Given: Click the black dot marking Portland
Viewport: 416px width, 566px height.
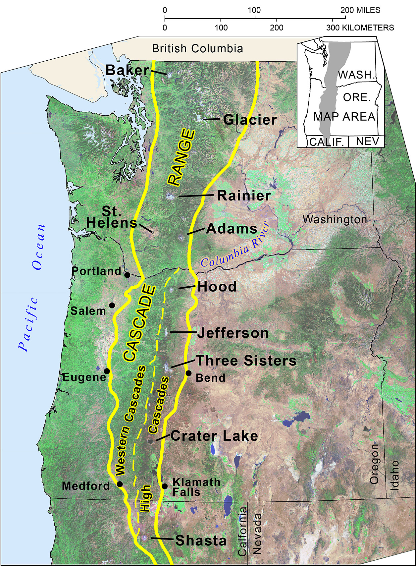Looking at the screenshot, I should pyautogui.click(x=127, y=275).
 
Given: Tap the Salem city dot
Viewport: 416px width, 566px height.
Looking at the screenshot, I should pyautogui.click(x=112, y=305).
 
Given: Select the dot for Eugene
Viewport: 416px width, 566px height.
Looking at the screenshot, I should pyautogui.click(x=107, y=371).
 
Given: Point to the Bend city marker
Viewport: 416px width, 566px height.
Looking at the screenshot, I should pyautogui.click(x=188, y=373).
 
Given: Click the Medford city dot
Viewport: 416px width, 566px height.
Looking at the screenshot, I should pyautogui.click(x=120, y=484).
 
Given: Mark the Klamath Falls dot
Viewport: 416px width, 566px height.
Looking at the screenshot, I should pyautogui.click(x=165, y=486).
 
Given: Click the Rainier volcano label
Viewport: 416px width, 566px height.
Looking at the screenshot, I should pyautogui.click(x=244, y=196).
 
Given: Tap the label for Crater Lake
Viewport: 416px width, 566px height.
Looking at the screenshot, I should pyautogui.click(x=214, y=436).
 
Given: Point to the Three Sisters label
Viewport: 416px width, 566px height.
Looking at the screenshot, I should pyautogui.click(x=246, y=361).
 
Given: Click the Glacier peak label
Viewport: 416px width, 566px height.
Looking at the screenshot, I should pyautogui.click(x=250, y=120).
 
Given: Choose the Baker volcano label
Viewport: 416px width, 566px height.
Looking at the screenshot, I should pyautogui.click(x=128, y=70).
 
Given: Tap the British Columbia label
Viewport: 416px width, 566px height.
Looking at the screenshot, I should pyautogui.click(x=197, y=49).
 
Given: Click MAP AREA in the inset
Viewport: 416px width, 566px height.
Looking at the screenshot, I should pyautogui.click(x=344, y=117).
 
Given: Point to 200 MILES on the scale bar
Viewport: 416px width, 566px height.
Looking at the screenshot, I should pyautogui.click(x=360, y=10).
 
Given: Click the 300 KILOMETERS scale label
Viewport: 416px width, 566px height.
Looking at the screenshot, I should pyautogui.click(x=360, y=28).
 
